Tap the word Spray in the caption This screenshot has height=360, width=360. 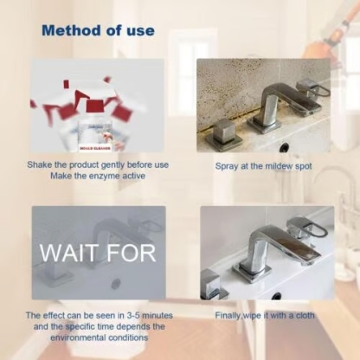[x=227, y=164]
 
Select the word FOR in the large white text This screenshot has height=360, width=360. [x=130, y=254]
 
